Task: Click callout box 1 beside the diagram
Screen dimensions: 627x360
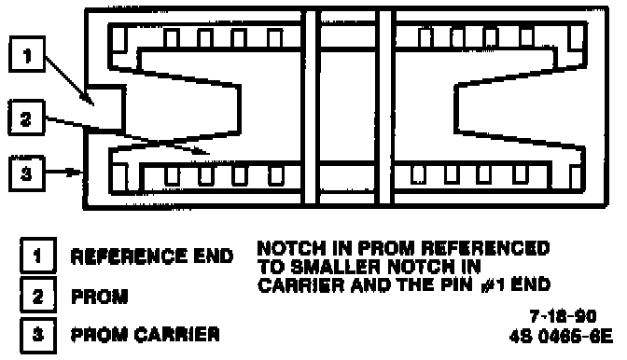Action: pos(27,54)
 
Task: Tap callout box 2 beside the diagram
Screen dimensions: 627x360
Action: pos(26,118)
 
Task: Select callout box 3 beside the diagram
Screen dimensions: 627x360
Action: pos(26,173)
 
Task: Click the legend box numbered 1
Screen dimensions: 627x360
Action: pos(38,256)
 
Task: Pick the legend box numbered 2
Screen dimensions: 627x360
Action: pos(38,296)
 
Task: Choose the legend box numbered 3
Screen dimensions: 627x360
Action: pos(38,335)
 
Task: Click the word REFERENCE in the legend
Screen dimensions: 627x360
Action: pos(129,256)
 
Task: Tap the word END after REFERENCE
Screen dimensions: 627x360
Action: pos(213,256)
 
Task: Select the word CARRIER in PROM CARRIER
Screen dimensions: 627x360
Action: pos(176,335)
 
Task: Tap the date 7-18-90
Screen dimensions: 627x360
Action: pos(563,316)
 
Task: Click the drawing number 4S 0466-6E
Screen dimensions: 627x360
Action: pos(561,337)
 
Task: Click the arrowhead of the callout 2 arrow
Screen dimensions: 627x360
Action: pos(202,150)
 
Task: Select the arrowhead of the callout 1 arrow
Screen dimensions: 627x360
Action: pos(88,99)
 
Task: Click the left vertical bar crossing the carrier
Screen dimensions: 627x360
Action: pos(311,107)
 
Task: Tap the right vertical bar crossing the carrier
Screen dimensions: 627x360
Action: pos(385,107)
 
